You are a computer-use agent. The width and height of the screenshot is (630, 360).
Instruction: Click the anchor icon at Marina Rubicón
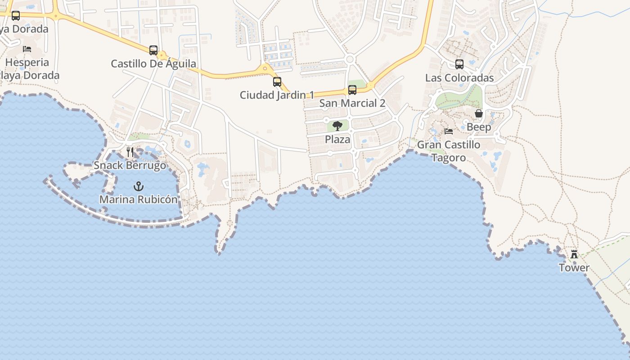coord(139,186)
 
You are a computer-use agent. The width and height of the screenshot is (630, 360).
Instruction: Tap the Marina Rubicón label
coord(139,199)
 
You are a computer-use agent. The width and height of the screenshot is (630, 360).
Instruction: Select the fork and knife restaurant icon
coord(130,152)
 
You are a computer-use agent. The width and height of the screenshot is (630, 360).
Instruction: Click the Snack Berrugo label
coord(130,165)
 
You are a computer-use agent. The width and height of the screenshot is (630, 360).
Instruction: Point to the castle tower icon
coord(574,254)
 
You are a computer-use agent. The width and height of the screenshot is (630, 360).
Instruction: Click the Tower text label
coord(574,268)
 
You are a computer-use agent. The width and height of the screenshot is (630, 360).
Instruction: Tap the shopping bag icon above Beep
coord(479,113)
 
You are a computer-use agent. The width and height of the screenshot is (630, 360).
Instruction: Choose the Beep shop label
coord(479,127)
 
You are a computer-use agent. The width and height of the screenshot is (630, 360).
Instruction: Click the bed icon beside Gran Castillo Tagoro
coord(449,131)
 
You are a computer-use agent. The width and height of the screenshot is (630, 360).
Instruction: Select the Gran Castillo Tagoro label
coord(449,151)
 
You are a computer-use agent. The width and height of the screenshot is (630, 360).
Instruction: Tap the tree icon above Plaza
coord(337,126)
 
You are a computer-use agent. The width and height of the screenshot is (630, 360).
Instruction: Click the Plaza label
coord(337,139)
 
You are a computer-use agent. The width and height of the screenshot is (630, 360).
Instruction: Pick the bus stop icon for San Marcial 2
coord(352,90)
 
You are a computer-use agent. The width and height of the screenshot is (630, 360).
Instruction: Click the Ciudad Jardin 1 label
coord(277,95)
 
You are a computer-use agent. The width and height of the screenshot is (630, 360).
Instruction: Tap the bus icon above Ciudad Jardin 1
coord(277,82)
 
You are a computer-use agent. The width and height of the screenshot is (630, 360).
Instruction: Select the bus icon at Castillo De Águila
coord(153,50)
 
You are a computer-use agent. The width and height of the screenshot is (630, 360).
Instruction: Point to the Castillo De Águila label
coord(153,63)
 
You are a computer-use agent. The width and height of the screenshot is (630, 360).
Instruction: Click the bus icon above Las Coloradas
coord(459,64)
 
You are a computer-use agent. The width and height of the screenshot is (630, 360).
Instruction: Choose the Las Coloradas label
coord(459,78)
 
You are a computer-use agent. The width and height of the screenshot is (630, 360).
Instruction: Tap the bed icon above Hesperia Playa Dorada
coord(27,49)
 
